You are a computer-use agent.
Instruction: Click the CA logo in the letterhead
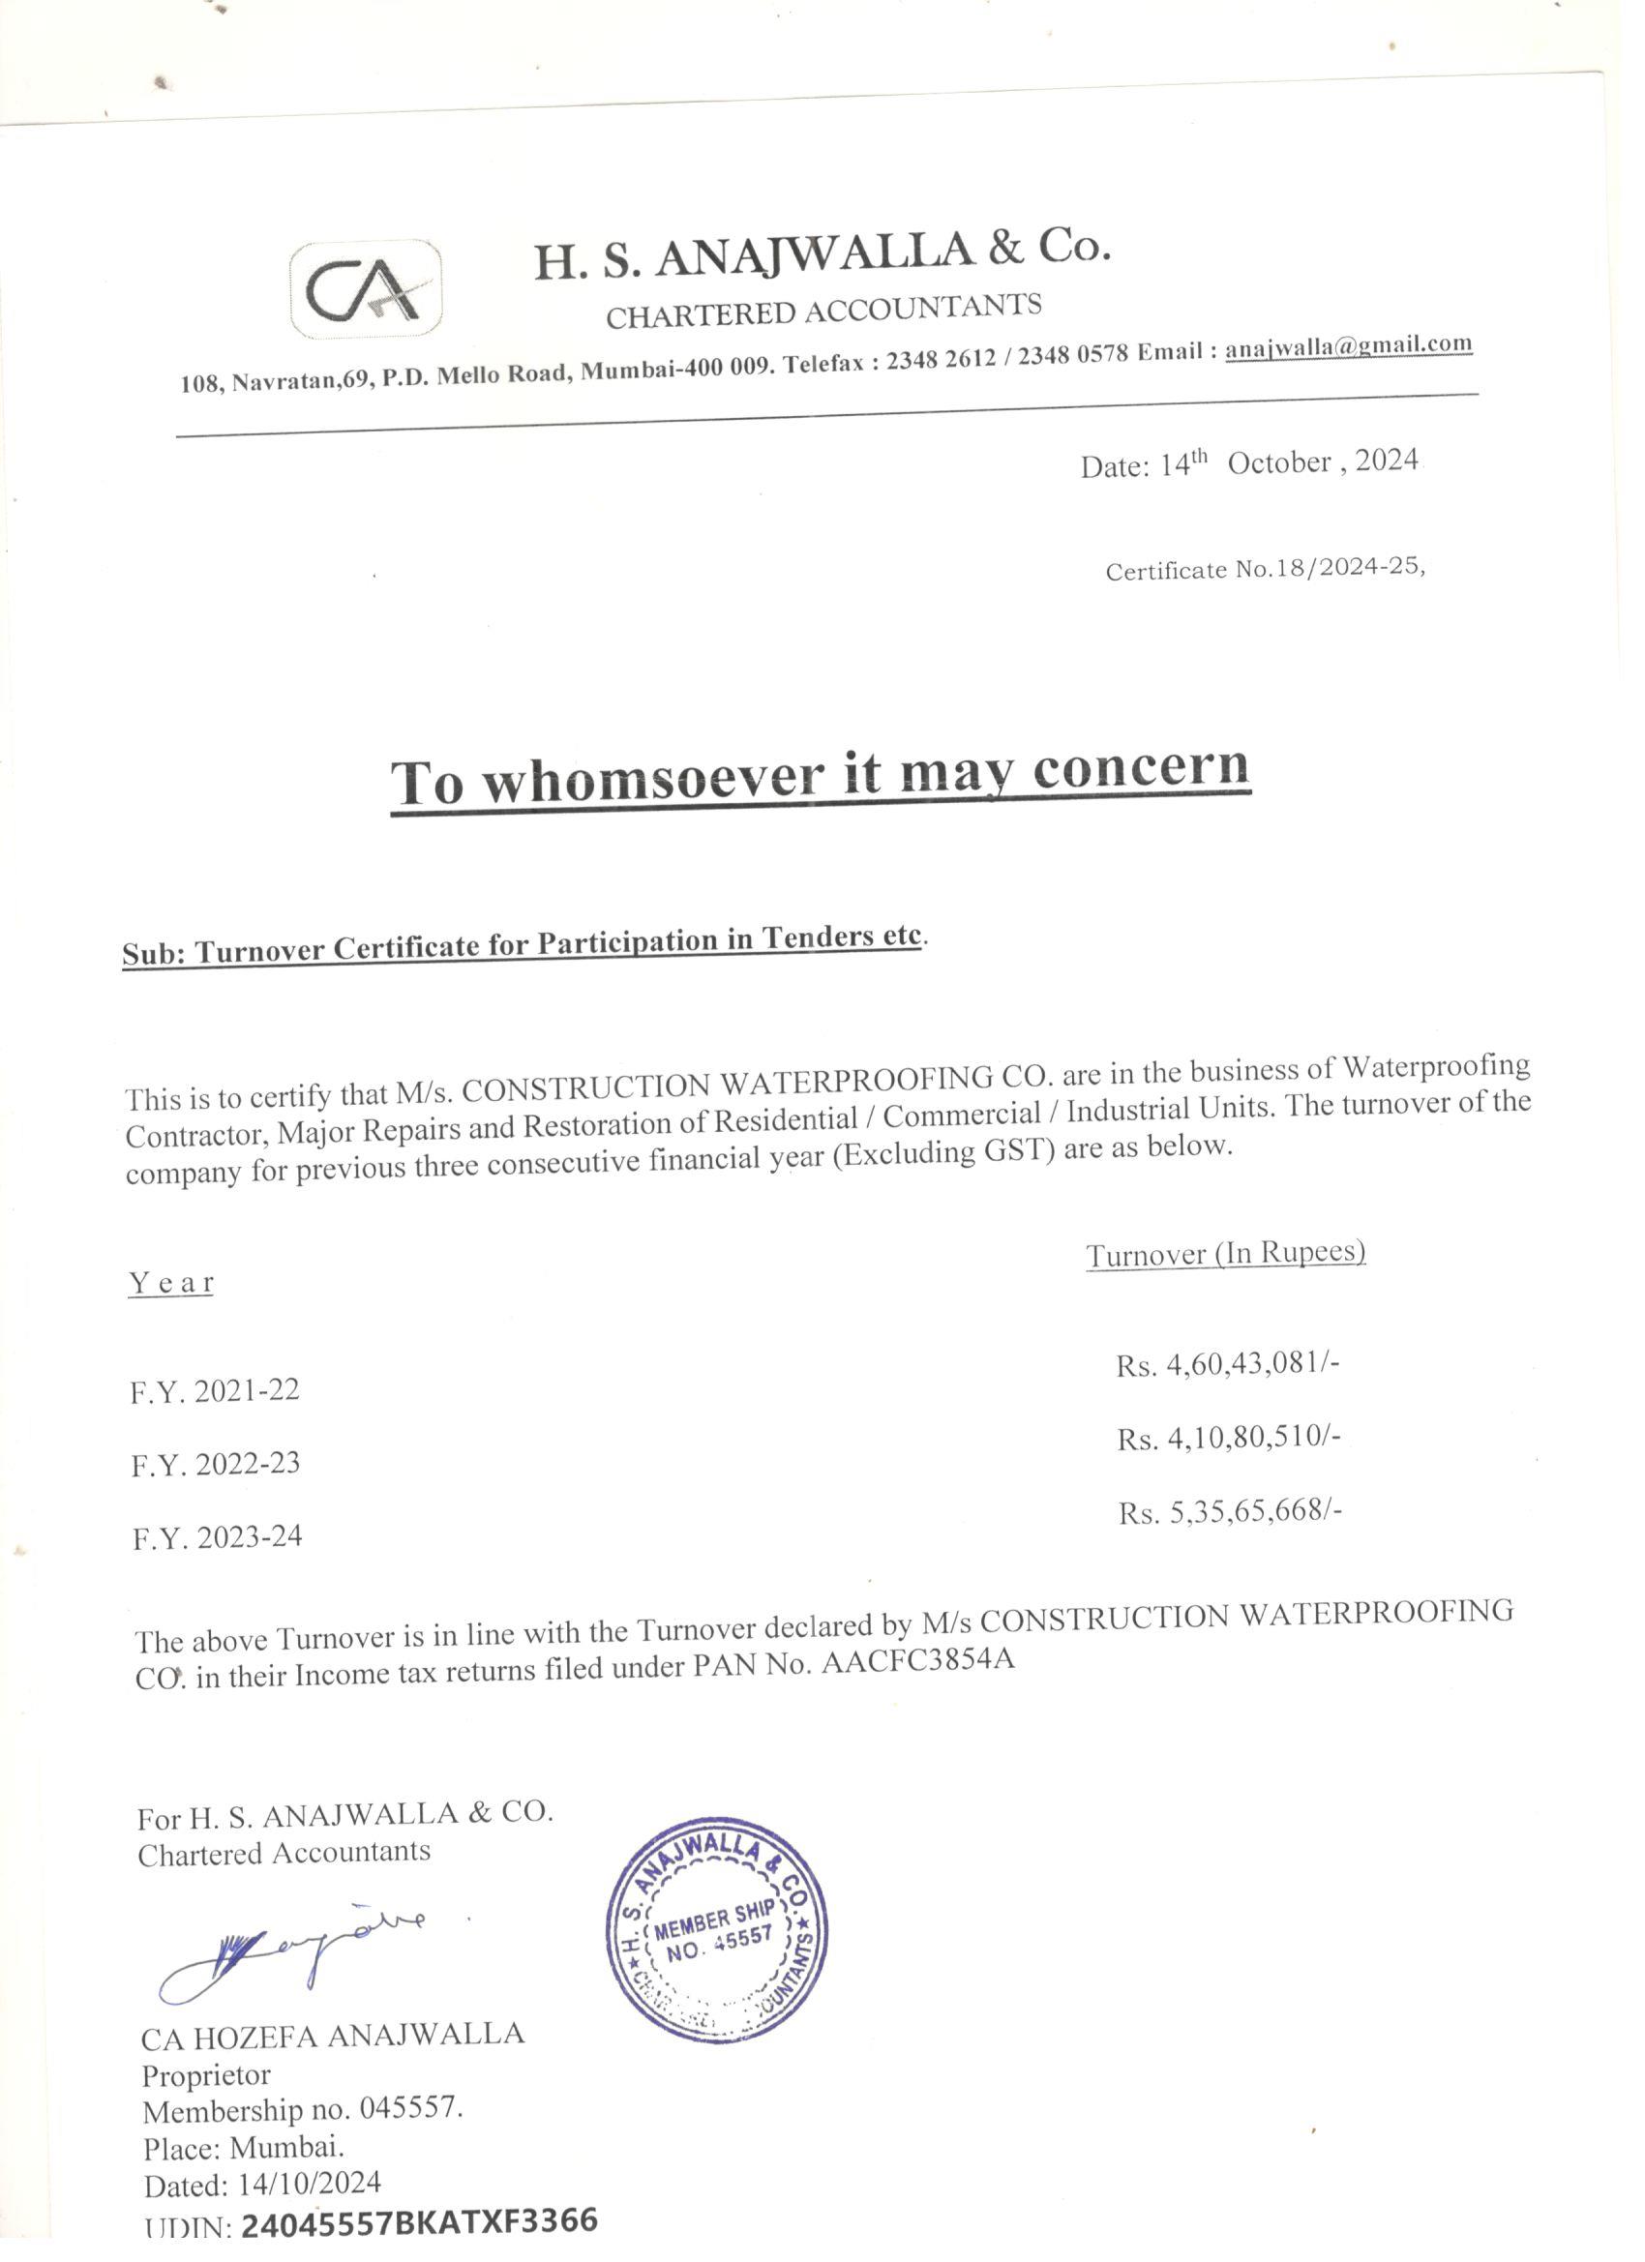click(x=366, y=289)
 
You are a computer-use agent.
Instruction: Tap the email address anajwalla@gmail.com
click(x=1349, y=346)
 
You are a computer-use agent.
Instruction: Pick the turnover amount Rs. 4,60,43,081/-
click(x=1227, y=1363)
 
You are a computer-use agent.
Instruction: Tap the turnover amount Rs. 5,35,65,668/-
click(x=1229, y=1512)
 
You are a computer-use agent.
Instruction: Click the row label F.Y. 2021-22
click(x=215, y=1390)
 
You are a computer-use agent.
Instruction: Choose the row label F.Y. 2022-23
click(x=216, y=1464)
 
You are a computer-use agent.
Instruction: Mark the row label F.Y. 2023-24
click(x=217, y=1537)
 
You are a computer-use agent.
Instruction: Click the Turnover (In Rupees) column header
click(x=1225, y=1254)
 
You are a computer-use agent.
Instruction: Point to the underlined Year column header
click(x=170, y=1283)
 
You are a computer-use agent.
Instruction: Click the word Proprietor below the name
click(x=205, y=2075)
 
